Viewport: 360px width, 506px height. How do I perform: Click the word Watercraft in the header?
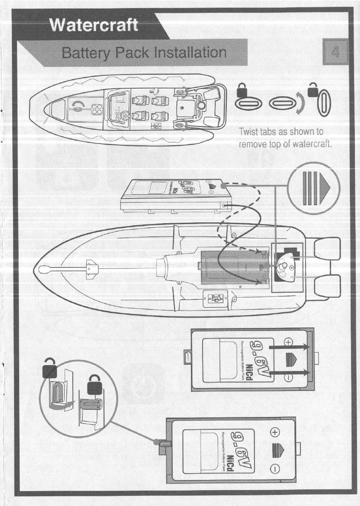94,25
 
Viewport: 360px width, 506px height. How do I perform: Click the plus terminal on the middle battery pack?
289,342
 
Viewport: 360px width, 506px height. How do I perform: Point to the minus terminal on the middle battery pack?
289,377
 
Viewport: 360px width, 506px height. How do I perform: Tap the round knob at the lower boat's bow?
46,270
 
